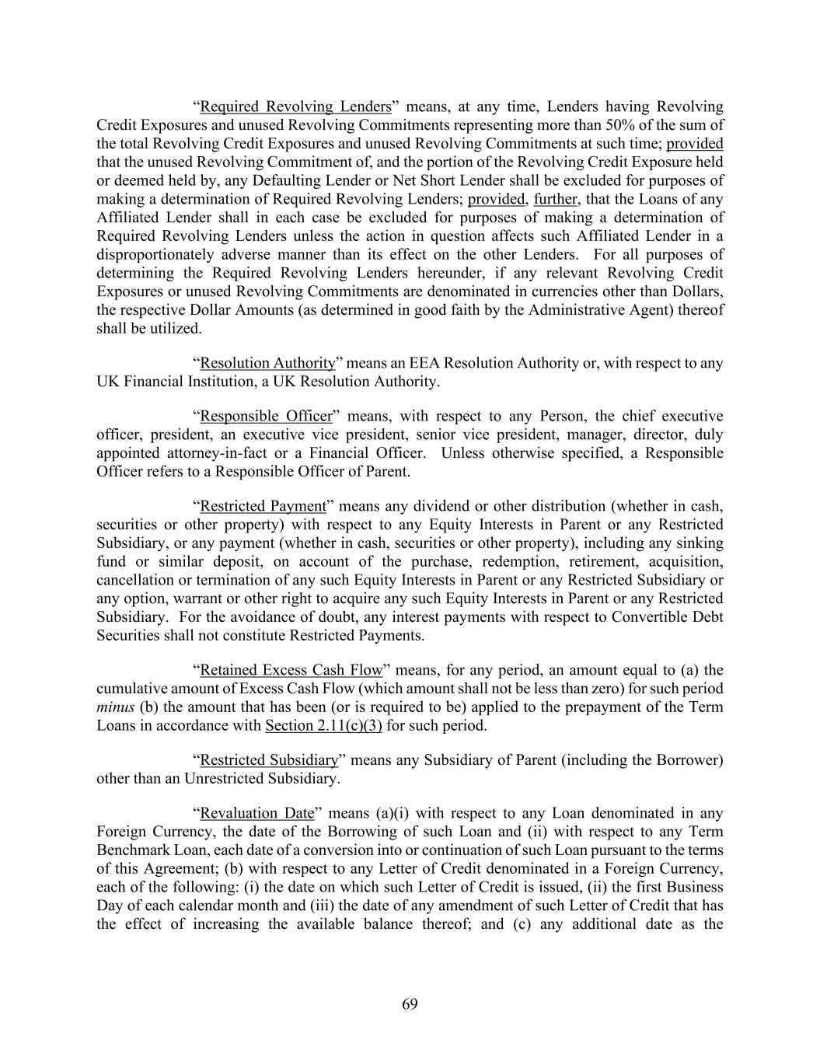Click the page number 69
click(x=410, y=1004)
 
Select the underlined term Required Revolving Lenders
click(x=295, y=106)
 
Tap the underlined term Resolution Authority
click(x=267, y=363)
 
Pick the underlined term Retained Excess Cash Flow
click(x=291, y=670)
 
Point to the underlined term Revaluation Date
click(x=256, y=813)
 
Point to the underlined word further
click(x=556, y=199)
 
